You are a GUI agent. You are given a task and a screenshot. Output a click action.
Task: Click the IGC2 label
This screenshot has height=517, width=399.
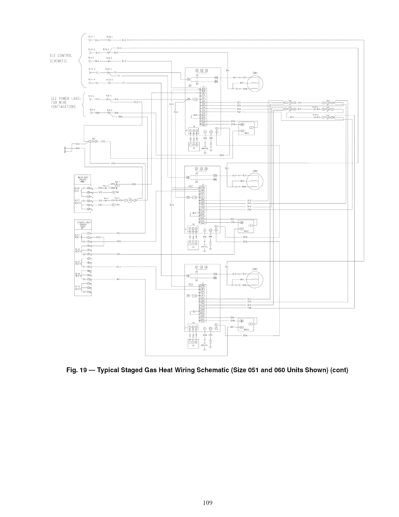coord(191,186)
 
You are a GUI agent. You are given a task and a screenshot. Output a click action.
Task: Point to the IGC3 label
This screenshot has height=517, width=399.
coord(191,284)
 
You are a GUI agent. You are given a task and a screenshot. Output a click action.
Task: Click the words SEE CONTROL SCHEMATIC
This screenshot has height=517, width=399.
coord(61,58)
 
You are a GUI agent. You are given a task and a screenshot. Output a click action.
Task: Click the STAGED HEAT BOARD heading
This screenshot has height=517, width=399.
coord(83,224)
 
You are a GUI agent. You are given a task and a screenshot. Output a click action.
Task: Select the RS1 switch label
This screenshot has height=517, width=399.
coord(290,101)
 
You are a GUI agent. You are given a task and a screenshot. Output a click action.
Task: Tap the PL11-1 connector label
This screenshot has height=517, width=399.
coord(92,37)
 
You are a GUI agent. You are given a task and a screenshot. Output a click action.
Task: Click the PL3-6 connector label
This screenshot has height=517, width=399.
coord(92,110)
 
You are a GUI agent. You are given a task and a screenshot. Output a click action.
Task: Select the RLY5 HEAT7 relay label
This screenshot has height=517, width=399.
coord(78,288)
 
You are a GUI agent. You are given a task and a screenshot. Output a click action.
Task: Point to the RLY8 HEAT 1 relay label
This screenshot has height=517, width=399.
coord(78,189)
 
